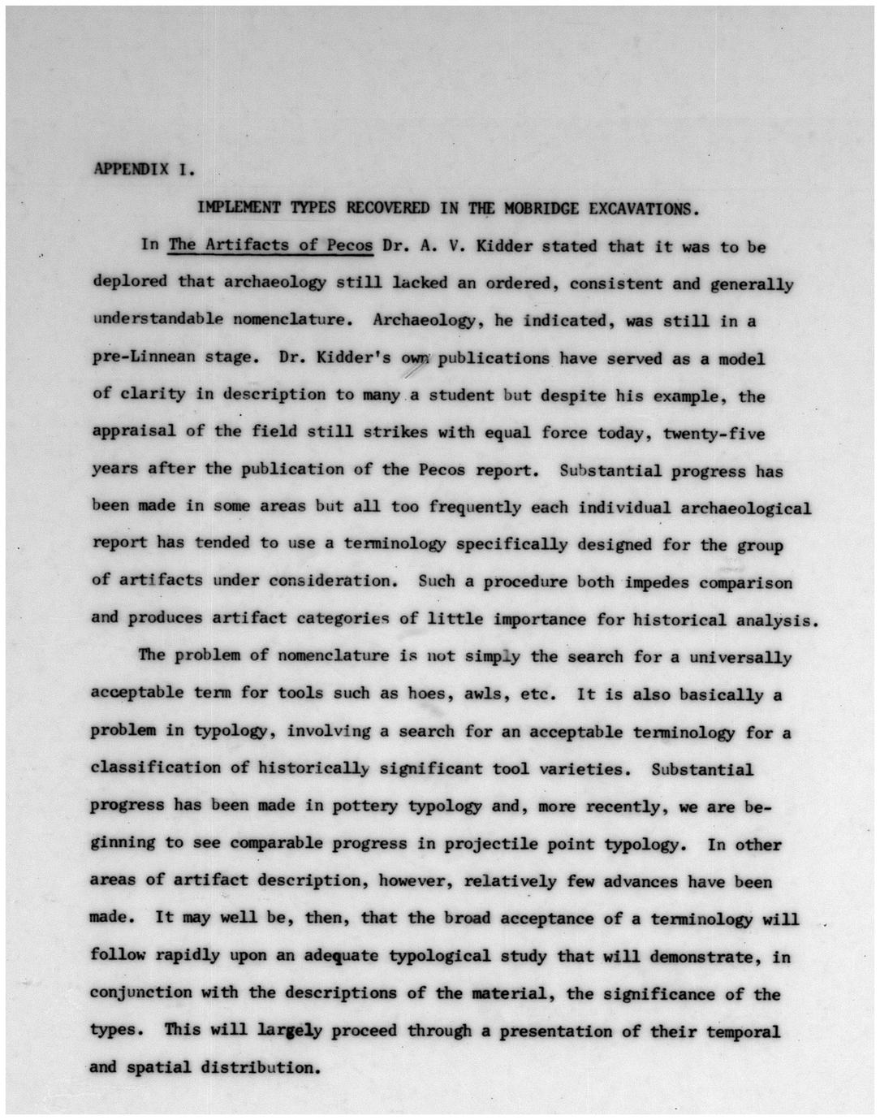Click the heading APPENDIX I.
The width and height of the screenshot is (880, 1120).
145,170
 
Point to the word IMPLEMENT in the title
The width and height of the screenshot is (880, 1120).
239,207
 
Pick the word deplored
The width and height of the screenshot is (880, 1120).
130,282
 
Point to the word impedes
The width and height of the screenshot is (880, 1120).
657,582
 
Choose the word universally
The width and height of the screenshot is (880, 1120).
740,657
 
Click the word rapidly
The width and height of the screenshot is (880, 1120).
187,955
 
